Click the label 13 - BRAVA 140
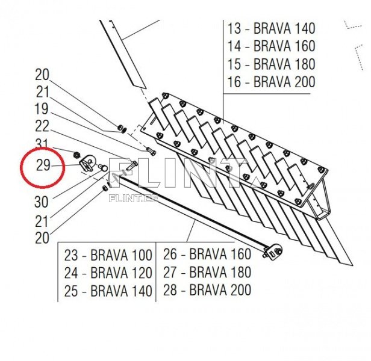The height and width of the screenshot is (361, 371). pos(271,28)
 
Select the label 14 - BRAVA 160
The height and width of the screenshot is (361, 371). pos(271,46)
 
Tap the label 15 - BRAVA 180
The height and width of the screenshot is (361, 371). pos(271,64)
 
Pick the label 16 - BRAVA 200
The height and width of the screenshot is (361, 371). pos(271,82)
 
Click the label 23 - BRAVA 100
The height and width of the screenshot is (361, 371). pos(108,255)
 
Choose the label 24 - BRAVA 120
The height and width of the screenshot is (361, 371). pos(108,273)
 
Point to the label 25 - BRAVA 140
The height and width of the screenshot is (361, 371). pos(108,291)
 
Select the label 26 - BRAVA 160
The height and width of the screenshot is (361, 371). pos(207,255)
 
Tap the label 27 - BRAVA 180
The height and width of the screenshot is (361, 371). pos(207,273)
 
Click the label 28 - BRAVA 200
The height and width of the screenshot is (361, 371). pos(207,291)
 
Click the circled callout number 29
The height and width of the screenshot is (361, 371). pos(43,165)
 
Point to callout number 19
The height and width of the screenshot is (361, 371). pos(42,109)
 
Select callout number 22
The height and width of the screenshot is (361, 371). pos(42,126)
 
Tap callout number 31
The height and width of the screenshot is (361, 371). pos(42,143)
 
